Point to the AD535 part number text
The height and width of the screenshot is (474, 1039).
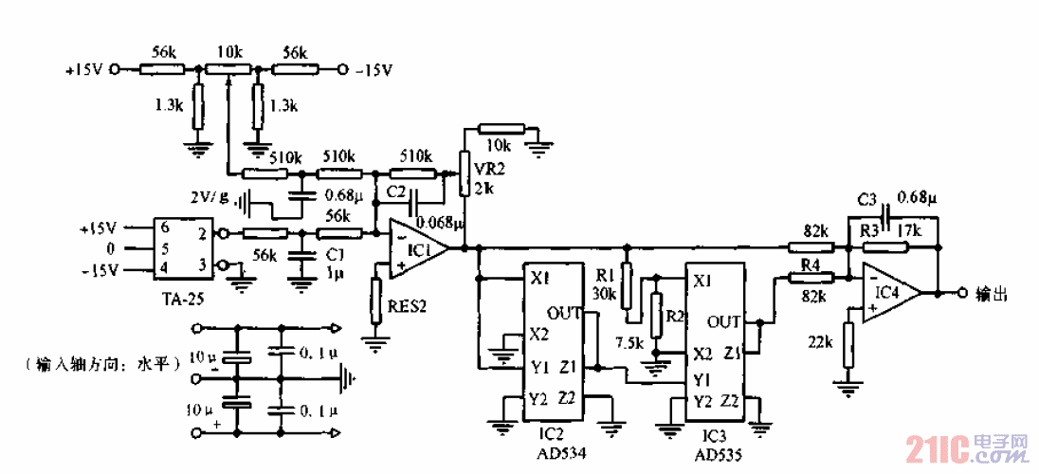[717, 454]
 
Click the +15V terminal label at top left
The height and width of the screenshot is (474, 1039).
[82, 69]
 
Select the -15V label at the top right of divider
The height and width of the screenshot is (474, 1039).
[374, 69]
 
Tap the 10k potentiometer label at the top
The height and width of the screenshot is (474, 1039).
[228, 50]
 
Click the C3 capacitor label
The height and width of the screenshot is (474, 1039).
[866, 200]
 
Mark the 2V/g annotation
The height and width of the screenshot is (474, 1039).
[211, 198]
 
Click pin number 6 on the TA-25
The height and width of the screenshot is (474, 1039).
[164, 228]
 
